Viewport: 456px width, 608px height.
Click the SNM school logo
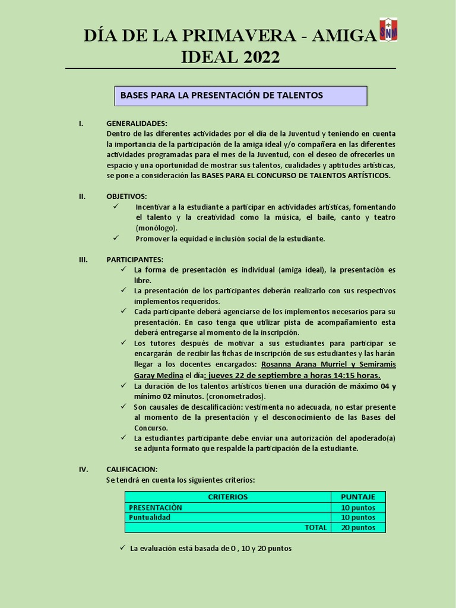click(388, 29)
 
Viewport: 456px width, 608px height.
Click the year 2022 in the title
click(255, 58)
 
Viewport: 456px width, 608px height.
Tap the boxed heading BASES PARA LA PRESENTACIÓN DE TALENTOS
click(240, 96)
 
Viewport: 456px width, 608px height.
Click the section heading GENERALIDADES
click(137, 123)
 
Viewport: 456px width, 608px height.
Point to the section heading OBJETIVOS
click(126, 197)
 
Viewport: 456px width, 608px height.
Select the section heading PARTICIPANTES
click(135, 259)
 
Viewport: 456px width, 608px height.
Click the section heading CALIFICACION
click(132, 469)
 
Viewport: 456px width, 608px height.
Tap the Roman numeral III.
click(83, 259)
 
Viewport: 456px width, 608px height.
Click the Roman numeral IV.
click(83, 469)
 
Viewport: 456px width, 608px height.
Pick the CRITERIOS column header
click(227, 497)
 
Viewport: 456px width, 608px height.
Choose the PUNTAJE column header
click(357, 497)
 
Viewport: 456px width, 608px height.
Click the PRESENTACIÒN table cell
click(156, 508)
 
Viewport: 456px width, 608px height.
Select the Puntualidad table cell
click(150, 517)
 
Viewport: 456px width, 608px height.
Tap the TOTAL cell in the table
click(315, 527)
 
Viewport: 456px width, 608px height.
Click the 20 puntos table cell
click(357, 527)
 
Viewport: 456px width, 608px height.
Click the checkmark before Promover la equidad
click(116, 238)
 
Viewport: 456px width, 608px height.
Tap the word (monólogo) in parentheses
click(156, 228)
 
